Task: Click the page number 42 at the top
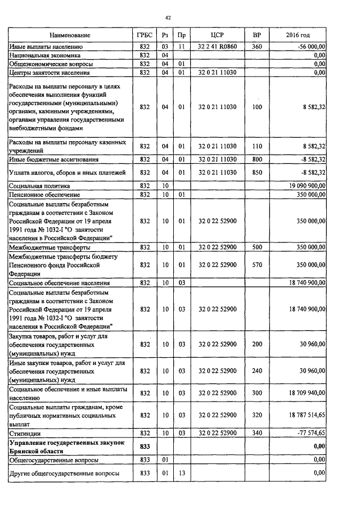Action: click(x=167, y=18)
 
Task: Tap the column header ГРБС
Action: click(x=144, y=35)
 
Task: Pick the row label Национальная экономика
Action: click(x=44, y=56)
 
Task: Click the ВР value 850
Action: click(x=257, y=172)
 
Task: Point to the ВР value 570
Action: click(x=257, y=265)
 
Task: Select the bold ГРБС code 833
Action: click(x=144, y=446)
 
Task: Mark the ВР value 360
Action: click(x=257, y=47)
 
